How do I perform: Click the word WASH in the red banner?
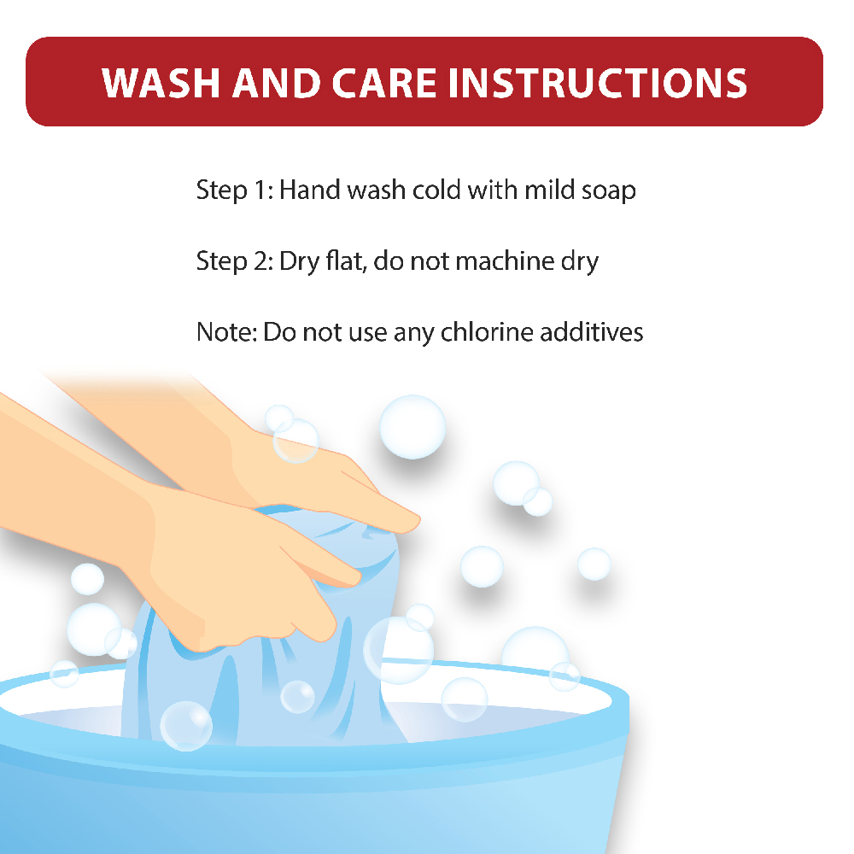161,84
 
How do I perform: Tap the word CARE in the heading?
384,84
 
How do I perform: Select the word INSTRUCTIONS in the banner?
598,84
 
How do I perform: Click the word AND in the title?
276,84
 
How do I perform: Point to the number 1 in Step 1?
260,190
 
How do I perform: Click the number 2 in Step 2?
260,261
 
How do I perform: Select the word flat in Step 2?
345,260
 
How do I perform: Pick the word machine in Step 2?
505,260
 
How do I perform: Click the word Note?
225,332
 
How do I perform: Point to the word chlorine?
487,331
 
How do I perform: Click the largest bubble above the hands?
412,427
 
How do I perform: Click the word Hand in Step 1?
310,190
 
